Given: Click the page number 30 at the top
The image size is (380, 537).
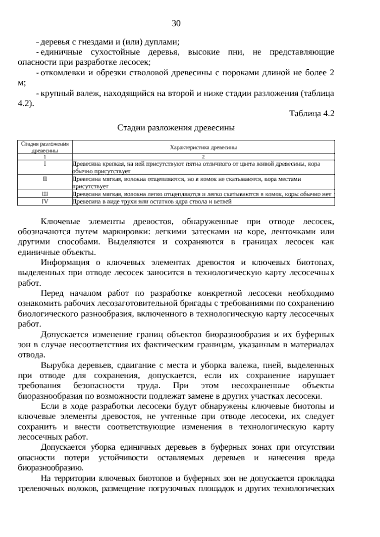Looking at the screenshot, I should (176, 23).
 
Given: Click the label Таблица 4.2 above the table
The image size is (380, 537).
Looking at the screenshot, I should (312, 114).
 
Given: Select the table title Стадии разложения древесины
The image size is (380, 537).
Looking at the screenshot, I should (176, 128).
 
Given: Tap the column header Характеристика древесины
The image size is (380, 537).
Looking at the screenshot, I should (203, 147).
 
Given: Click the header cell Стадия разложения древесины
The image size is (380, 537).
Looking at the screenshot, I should (45, 147).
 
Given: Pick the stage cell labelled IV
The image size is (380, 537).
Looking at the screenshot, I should (45, 201).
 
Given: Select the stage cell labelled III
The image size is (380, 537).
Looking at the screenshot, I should (45, 194).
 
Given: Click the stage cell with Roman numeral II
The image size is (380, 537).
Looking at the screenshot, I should (45, 179).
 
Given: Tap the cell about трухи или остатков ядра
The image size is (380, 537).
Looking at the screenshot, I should (152, 201).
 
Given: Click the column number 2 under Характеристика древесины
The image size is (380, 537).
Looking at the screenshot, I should (203, 157).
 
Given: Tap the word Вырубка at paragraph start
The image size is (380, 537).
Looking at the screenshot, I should (57, 365).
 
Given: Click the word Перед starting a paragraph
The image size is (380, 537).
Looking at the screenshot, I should (52, 293).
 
